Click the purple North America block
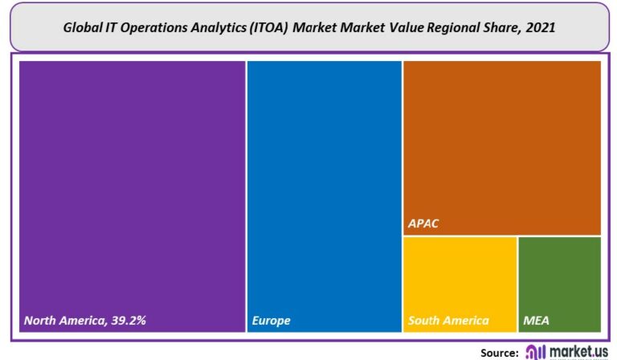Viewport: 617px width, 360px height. click(x=133, y=193)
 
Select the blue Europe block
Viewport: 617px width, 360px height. click(x=325, y=193)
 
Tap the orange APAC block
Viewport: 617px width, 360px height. click(x=502, y=145)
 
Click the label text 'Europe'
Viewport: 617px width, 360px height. click(x=272, y=321)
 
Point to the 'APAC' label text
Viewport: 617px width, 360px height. click(x=424, y=223)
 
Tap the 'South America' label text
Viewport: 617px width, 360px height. click(x=448, y=321)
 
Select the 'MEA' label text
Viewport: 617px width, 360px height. click(x=537, y=321)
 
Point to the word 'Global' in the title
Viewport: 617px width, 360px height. click(x=82, y=27)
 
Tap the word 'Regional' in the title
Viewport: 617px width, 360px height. click(x=447, y=27)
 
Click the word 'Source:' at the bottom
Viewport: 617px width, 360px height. click(x=499, y=352)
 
